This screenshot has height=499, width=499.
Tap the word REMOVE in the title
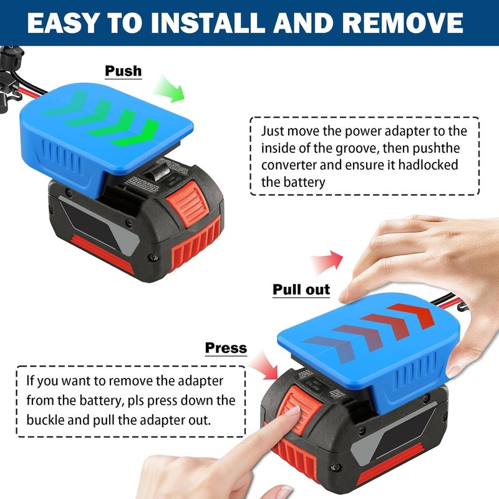pos(406,23)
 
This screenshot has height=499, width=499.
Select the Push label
pos(123,70)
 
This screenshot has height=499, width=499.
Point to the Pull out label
pos(301,289)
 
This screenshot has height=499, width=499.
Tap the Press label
pos(226,347)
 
